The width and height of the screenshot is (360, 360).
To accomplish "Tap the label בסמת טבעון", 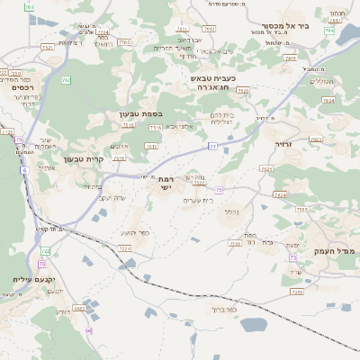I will (139, 114).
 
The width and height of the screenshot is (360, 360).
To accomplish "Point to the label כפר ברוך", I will (219, 309).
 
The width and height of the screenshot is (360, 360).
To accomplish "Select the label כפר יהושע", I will (158, 232).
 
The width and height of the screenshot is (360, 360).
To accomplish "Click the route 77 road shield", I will (213, 145).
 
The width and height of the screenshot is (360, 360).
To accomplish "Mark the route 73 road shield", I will (293, 258).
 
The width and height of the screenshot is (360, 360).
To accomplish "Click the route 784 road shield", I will (329, 31).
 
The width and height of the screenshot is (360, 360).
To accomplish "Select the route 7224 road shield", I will (280, 194).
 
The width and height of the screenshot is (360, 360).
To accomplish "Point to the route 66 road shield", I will (88, 331).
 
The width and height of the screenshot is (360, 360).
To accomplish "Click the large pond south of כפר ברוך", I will (255, 324).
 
